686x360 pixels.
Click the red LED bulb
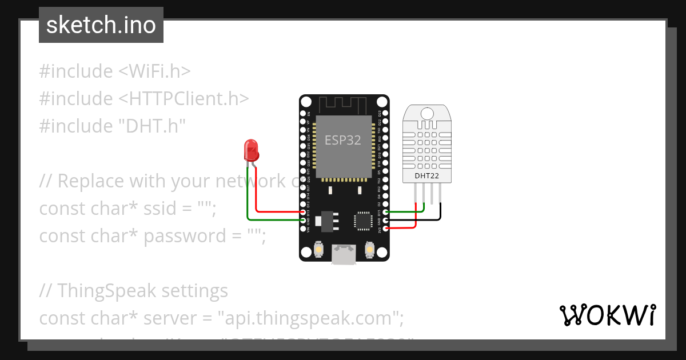251,150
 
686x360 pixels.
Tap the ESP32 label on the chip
343,140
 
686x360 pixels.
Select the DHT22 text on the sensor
427,176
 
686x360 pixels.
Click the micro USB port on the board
344,254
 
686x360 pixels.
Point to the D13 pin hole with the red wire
303,211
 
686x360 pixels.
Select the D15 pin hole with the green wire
385,212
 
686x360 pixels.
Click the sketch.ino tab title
101,25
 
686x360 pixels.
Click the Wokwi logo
607,315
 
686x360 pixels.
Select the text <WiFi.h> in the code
154,71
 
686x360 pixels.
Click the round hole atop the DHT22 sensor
427,113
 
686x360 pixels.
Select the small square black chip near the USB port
363,221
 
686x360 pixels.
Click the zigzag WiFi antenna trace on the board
343,105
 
